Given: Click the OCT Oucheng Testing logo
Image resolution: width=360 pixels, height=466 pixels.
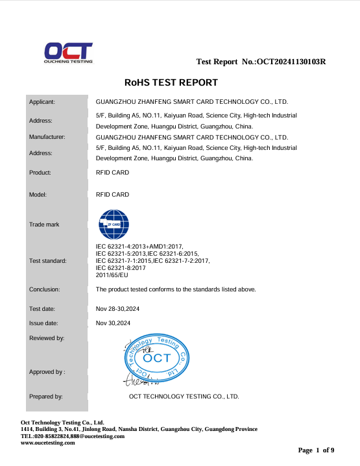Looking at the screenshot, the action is pyautogui.click(x=69, y=53).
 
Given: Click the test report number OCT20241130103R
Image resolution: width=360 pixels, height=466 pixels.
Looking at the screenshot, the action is pyautogui.click(x=291, y=62).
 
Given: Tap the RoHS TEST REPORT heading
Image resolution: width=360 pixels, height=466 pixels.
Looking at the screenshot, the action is pyautogui.click(x=171, y=83).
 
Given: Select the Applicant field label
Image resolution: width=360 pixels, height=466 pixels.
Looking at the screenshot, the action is pyautogui.click(x=42, y=102).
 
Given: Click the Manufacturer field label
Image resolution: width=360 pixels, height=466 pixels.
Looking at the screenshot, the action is pyautogui.click(x=47, y=138).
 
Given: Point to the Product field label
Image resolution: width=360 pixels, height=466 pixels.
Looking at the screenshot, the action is pyautogui.click(x=40, y=173).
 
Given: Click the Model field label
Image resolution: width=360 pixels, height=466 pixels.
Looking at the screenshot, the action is pyautogui.click(x=38, y=195).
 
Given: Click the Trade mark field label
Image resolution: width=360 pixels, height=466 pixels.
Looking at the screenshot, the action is pyautogui.click(x=44, y=225).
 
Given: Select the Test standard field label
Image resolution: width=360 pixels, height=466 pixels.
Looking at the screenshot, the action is pyautogui.click(x=48, y=261).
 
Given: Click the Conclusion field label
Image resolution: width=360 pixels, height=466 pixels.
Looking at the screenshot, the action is pyautogui.click(x=45, y=289).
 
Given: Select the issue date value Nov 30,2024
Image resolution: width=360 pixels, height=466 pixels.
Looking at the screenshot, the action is pyautogui.click(x=114, y=323).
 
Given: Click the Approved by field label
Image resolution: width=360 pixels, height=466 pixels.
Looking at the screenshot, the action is pyautogui.click(x=47, y=372).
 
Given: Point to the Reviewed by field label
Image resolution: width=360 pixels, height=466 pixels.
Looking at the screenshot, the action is pyautogui.click(x=47, y=338).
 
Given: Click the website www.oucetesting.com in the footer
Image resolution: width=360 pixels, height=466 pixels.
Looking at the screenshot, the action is pyautogui.click(x=48, y=443).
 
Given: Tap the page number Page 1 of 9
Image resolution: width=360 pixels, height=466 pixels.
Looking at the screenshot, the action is pyautogui.click(x=316, y=450).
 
